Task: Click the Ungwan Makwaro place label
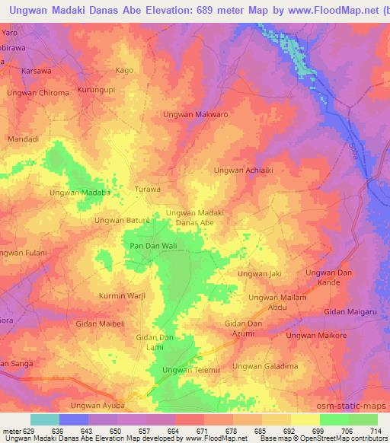click(196, 114)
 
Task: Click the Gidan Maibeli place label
click(100, 323)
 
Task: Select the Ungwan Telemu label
click(191, 370)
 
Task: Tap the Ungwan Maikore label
click(316, 335)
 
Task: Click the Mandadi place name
click(22, 139)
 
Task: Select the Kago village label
click(123, 70)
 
